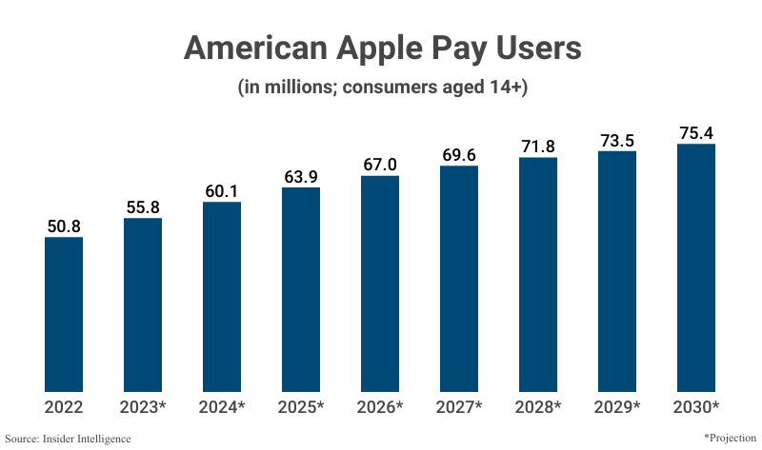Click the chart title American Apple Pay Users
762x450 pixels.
pyautogui.click(x=381, y=49)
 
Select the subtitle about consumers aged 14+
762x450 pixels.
pyautogui.click(x=381, y=88)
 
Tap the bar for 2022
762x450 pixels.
pyautogui.click(x=64, y=314)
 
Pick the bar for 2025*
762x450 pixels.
pyautogui.click(x=301, y=289)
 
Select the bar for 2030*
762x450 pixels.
pyautogui.click(x=696, y=267)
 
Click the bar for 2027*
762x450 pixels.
pyautogui.click(x=459, y=279)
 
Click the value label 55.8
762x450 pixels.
pyautogui.click(x=143, y=208)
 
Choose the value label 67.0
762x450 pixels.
pyautogui.click(x=380, y=166)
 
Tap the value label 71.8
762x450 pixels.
pyautogui.click(x=538, y=147)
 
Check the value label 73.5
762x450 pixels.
pyautogui.click(x=617, y=141)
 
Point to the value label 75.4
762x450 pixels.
pyautogui.click(x=696, y=133)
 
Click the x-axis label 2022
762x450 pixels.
pyautogui.click(x=64, y=407)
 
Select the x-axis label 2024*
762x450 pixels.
pyautogui.click(x=222, y=407)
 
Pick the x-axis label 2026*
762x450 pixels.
pyautogui.click(x=380, y=407)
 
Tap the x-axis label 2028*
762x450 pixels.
pyautogui.click(x=538, y=407)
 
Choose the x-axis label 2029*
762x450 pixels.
pyautogui.click(x=617, y=407)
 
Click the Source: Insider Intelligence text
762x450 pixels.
pyautogui.click(x=68, y=439)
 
